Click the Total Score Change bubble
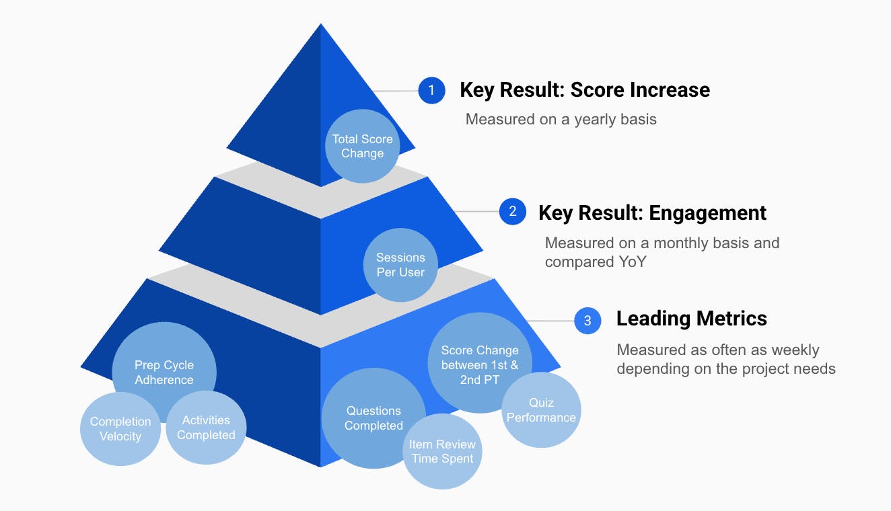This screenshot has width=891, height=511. click(x=362, y=146)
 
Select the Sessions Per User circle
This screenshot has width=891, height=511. click(x=400, y=265)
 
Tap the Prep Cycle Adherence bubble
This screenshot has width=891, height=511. click(x=164, y=372)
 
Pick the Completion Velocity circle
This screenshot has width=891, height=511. click(x=120, y=429)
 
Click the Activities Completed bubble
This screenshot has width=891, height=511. click(x=206, y=428)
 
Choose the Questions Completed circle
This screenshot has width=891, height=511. click(x=373, y=418)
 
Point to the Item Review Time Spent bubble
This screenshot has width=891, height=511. click(x=442, y=452)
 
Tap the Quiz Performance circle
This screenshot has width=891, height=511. click(x=541, y=410)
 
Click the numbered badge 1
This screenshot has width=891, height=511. click(x=431, y=90)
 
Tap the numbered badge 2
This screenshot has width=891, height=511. click(x=512, y=212)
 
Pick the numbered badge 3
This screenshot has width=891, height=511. click(x=587, y=321)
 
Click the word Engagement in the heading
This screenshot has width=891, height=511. click(x=707, y=213)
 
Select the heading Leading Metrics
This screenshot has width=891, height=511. click(x=691, y=319)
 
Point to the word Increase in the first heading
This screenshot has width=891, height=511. click(x=670, y=89)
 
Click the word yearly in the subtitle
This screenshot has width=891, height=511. click(x=589, y=120)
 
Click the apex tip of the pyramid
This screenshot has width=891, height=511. click(x=320, y=26)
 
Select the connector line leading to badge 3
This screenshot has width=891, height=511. click(x=550, y=321)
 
